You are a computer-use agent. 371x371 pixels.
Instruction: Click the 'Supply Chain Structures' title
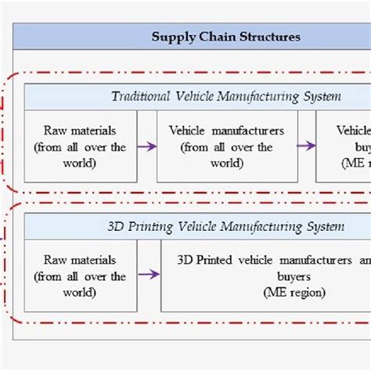coord(225,36)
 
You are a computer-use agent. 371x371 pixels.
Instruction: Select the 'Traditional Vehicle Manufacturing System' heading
coord(225,97)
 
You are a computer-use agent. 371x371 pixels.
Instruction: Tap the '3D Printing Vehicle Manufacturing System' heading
coord(225,227)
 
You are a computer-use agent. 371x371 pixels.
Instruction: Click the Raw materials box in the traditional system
coord(81,146)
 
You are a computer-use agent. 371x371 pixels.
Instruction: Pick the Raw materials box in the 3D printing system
coord(81,276)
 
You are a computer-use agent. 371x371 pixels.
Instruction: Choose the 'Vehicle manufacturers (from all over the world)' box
coord(227,146)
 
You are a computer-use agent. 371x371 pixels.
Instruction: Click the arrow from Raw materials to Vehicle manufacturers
coord(146,146)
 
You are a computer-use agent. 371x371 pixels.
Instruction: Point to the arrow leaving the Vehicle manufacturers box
coord(306,146)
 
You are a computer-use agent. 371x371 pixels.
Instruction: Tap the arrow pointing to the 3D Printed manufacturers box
coord(149,275)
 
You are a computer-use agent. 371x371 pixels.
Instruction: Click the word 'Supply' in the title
coord(169,37)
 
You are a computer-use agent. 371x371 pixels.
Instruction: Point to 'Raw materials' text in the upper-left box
coord(80,131)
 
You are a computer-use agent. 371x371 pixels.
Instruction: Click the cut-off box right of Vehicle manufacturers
coord(344,146)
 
